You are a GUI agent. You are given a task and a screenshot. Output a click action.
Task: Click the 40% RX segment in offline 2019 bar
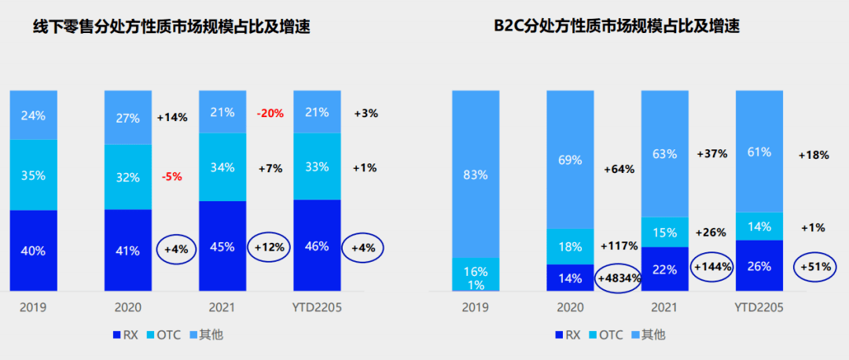click(x=33, y=251)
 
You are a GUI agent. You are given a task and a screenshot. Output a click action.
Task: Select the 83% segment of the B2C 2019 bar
click(x=476, y=173)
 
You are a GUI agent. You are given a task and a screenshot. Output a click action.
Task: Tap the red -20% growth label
click(x=270, y=113)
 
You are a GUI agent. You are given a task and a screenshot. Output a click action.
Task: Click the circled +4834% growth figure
click(x=617, y=277)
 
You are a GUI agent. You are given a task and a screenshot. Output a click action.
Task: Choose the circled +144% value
click(x=712, y=266)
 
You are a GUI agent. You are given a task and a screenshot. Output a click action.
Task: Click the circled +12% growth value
click(x=270, y=246)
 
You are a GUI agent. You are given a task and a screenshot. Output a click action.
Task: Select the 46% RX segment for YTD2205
click(x=316, y=246)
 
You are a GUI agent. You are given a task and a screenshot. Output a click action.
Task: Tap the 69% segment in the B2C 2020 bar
click(x=570, y=160)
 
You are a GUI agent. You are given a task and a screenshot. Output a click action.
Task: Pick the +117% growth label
click(x=619, y=244)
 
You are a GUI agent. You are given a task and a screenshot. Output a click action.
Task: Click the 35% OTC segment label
click(x=33, y=174)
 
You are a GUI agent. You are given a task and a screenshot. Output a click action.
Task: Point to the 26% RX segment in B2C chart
click(x=759, y=266)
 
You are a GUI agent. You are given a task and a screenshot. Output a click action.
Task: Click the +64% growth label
click(x=619, y=169)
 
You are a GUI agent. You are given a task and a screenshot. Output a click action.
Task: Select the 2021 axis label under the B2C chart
click(x=664, y=307)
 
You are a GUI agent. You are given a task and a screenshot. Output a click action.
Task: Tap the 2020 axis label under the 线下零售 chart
click(x=127, y=307)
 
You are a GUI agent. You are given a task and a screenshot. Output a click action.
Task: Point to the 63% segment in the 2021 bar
click(x=664, y=154)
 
